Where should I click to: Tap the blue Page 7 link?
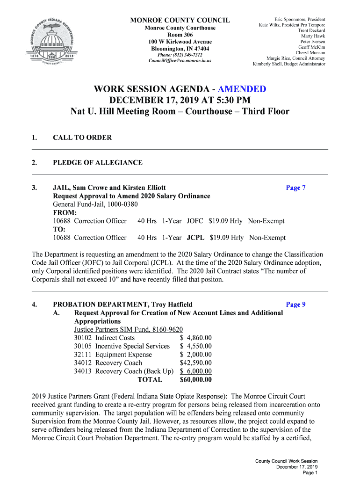pos(295,188)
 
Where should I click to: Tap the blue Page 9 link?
pos(295,305)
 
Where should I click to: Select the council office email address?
pos(180,61)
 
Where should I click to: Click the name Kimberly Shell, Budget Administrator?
pos(289,64)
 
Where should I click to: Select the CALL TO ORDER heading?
pos(82,138)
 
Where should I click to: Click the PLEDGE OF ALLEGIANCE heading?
pos(98,162)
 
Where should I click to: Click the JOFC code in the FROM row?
pos(195,221)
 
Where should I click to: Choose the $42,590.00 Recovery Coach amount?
pos(195,363)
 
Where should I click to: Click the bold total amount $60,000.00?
pos(195,380)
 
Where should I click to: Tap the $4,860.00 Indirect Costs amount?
pos(195,338)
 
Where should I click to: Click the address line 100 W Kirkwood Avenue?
pos(180,42)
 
